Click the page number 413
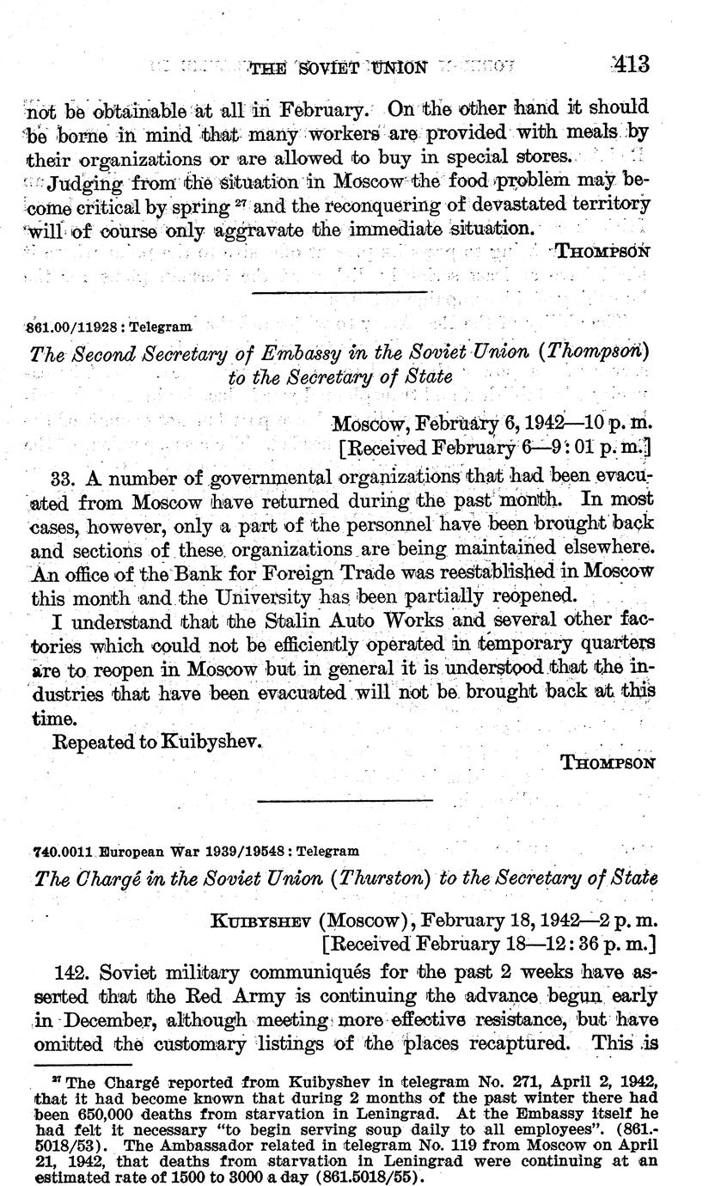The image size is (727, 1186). pos(631,64)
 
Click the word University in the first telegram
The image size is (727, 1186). pos(269,595)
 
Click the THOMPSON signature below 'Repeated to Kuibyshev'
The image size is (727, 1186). pos(609,762)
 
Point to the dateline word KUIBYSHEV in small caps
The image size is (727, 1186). pos(260,920)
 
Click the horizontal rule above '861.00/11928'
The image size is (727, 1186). pos(341,292)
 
